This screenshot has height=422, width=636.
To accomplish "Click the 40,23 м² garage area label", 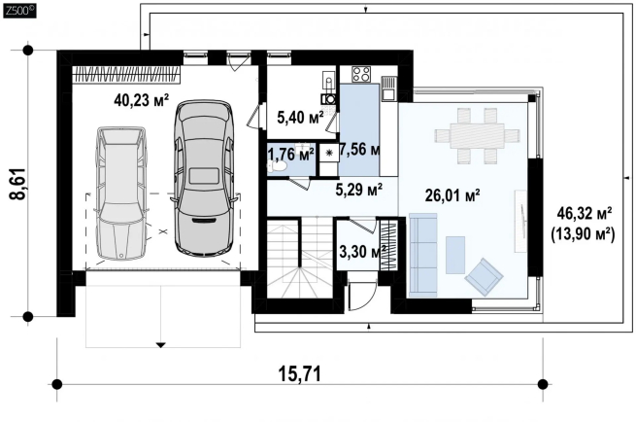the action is (141, 99).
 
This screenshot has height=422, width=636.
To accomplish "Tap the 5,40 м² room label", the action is (300, 118).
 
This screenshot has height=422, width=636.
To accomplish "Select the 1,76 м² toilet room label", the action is (291, 155).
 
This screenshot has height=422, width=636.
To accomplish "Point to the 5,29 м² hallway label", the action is (359, 189).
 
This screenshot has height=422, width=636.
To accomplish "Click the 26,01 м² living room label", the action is (452, 195).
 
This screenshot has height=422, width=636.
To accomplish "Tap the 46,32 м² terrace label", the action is (585, 212).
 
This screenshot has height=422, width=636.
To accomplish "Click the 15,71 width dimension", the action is (300, 373).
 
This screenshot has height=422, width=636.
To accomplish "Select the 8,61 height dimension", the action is (18, 184).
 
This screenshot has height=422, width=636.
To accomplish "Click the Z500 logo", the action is (19, 11).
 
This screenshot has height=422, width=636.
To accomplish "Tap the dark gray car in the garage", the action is (204, 178).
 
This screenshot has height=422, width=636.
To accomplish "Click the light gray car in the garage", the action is (121, 193).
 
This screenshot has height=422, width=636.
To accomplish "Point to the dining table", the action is (477, 136).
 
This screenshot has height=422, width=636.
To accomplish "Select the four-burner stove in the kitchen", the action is (361, 75).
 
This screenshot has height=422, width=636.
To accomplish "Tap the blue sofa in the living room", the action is (422, 255).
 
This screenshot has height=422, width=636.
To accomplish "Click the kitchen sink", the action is (388, 88).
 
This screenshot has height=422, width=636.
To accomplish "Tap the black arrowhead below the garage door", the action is (161, 345).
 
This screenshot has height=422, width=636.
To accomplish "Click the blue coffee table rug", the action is (455, 256).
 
